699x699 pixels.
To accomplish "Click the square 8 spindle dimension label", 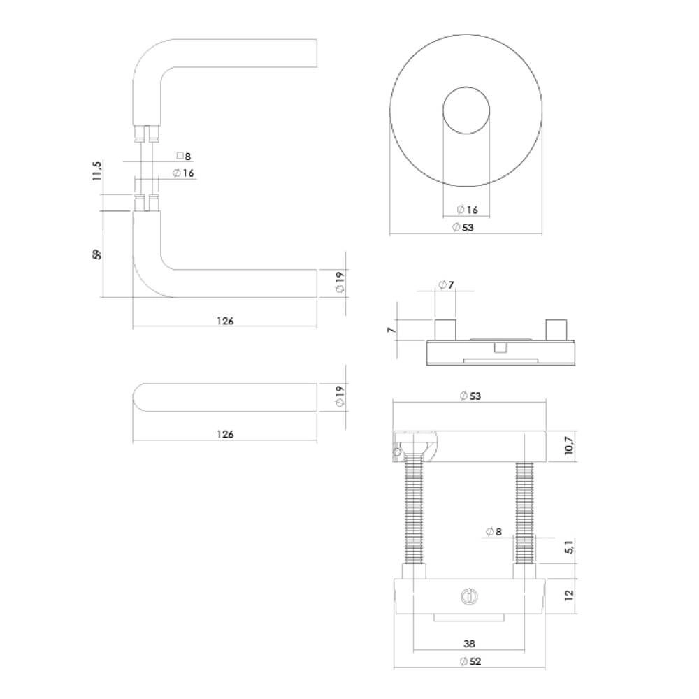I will point(184,157).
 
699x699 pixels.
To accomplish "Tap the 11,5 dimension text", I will point(97,171).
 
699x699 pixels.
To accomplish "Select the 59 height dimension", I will point(97,253).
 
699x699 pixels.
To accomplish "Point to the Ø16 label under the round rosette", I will point(466,210).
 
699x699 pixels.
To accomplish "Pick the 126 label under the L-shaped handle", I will point(224,321).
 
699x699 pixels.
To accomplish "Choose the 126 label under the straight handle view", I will point(224,434).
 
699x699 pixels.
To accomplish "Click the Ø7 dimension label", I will point(446,284).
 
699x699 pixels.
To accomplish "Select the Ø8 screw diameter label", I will point(493,532).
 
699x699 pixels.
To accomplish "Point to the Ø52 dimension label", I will point(470,661).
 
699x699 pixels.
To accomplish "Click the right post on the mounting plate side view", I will point(557,329).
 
